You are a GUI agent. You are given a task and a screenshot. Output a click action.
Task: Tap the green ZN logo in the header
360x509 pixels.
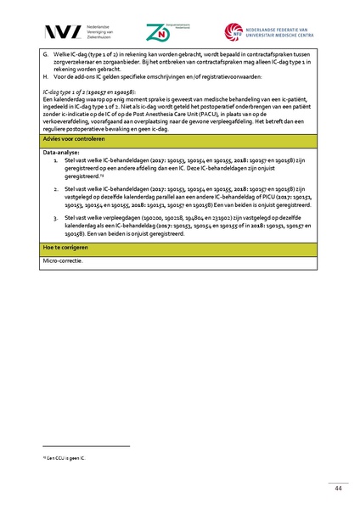[x=159, y=32]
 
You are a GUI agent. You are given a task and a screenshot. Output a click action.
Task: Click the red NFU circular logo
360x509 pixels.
[x=233, y=32]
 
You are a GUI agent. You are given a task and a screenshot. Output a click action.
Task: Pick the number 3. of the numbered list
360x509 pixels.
[x=56, y=218]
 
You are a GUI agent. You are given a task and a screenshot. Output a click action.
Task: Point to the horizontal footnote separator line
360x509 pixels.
[x=85, y=447]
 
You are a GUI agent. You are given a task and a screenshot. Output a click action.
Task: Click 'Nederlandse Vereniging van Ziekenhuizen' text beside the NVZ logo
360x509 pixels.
[x=93, y=32]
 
